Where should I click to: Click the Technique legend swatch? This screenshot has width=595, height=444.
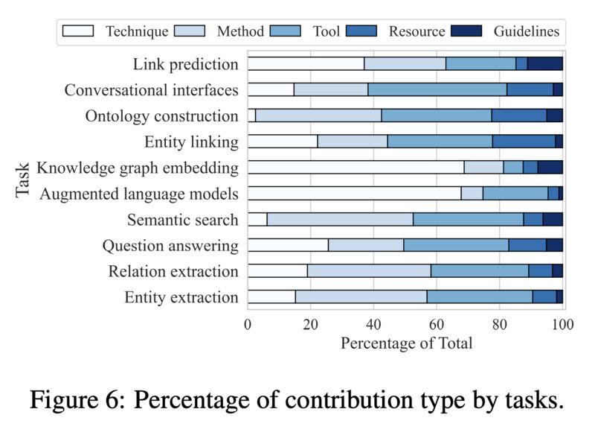tap(78, 31)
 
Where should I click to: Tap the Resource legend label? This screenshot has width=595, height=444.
tap(416, 31)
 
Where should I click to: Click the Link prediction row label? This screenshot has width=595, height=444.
tap(186, 64)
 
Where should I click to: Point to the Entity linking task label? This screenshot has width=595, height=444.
tap(191, 142)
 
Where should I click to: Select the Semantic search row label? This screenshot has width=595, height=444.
tap(182, 220)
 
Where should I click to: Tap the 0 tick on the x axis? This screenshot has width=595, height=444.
tap(248, 325)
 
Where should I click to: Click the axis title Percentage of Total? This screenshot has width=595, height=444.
tap(406, 343)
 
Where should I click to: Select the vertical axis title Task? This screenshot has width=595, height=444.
tap(23, 180)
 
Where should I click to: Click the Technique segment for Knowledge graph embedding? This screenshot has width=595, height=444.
tap(356, 168)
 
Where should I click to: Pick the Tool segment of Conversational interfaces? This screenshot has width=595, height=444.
tap(437, 90)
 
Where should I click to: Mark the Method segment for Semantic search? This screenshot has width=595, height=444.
tap(340, 220)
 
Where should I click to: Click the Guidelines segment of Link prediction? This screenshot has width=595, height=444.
tap(545, 64)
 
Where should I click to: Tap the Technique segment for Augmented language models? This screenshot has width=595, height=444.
tap(354, 194)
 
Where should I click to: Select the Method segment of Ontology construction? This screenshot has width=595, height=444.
tap(318, 116)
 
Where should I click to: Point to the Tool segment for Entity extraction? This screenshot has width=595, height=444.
tap(480, 297)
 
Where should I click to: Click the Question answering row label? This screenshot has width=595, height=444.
tap(170, 245)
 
